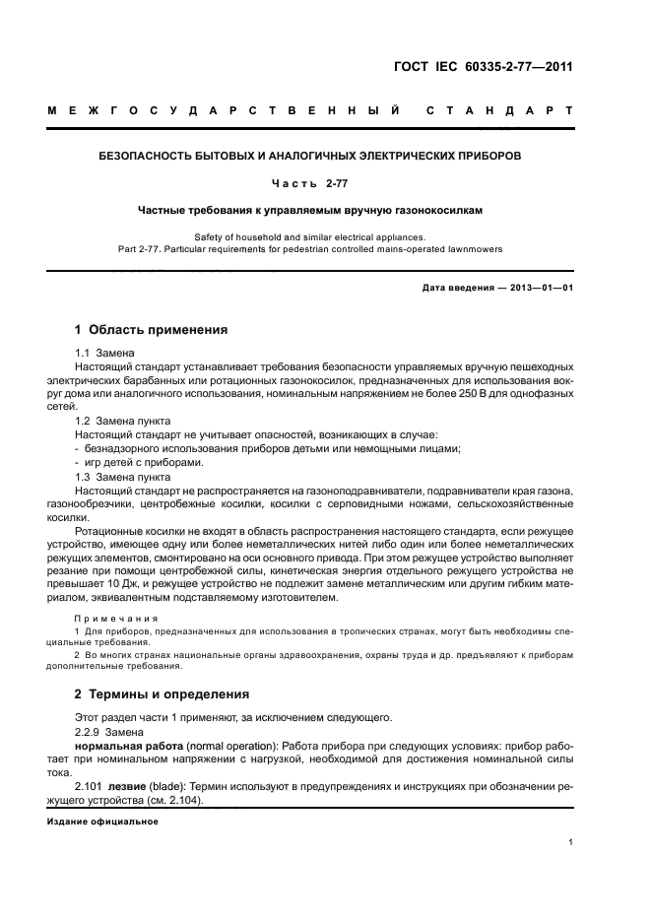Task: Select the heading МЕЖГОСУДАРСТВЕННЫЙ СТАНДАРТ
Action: [310, 110]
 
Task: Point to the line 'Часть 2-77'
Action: [310, 183]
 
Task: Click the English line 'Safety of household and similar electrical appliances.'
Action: [310, 237]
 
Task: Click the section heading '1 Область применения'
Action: [151, 329]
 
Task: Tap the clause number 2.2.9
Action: [90, 733]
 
